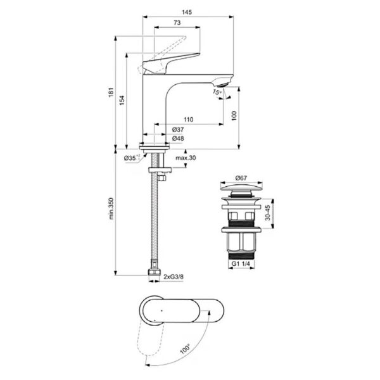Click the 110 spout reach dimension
[188, 120]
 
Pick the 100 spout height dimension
[234, 117]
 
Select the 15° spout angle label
[217, 91]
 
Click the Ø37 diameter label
[178, 129]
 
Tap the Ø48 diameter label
[178, 138]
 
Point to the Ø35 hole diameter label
[132, 157]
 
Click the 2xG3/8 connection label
[174, 277]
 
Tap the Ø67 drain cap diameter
[241, 178]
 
